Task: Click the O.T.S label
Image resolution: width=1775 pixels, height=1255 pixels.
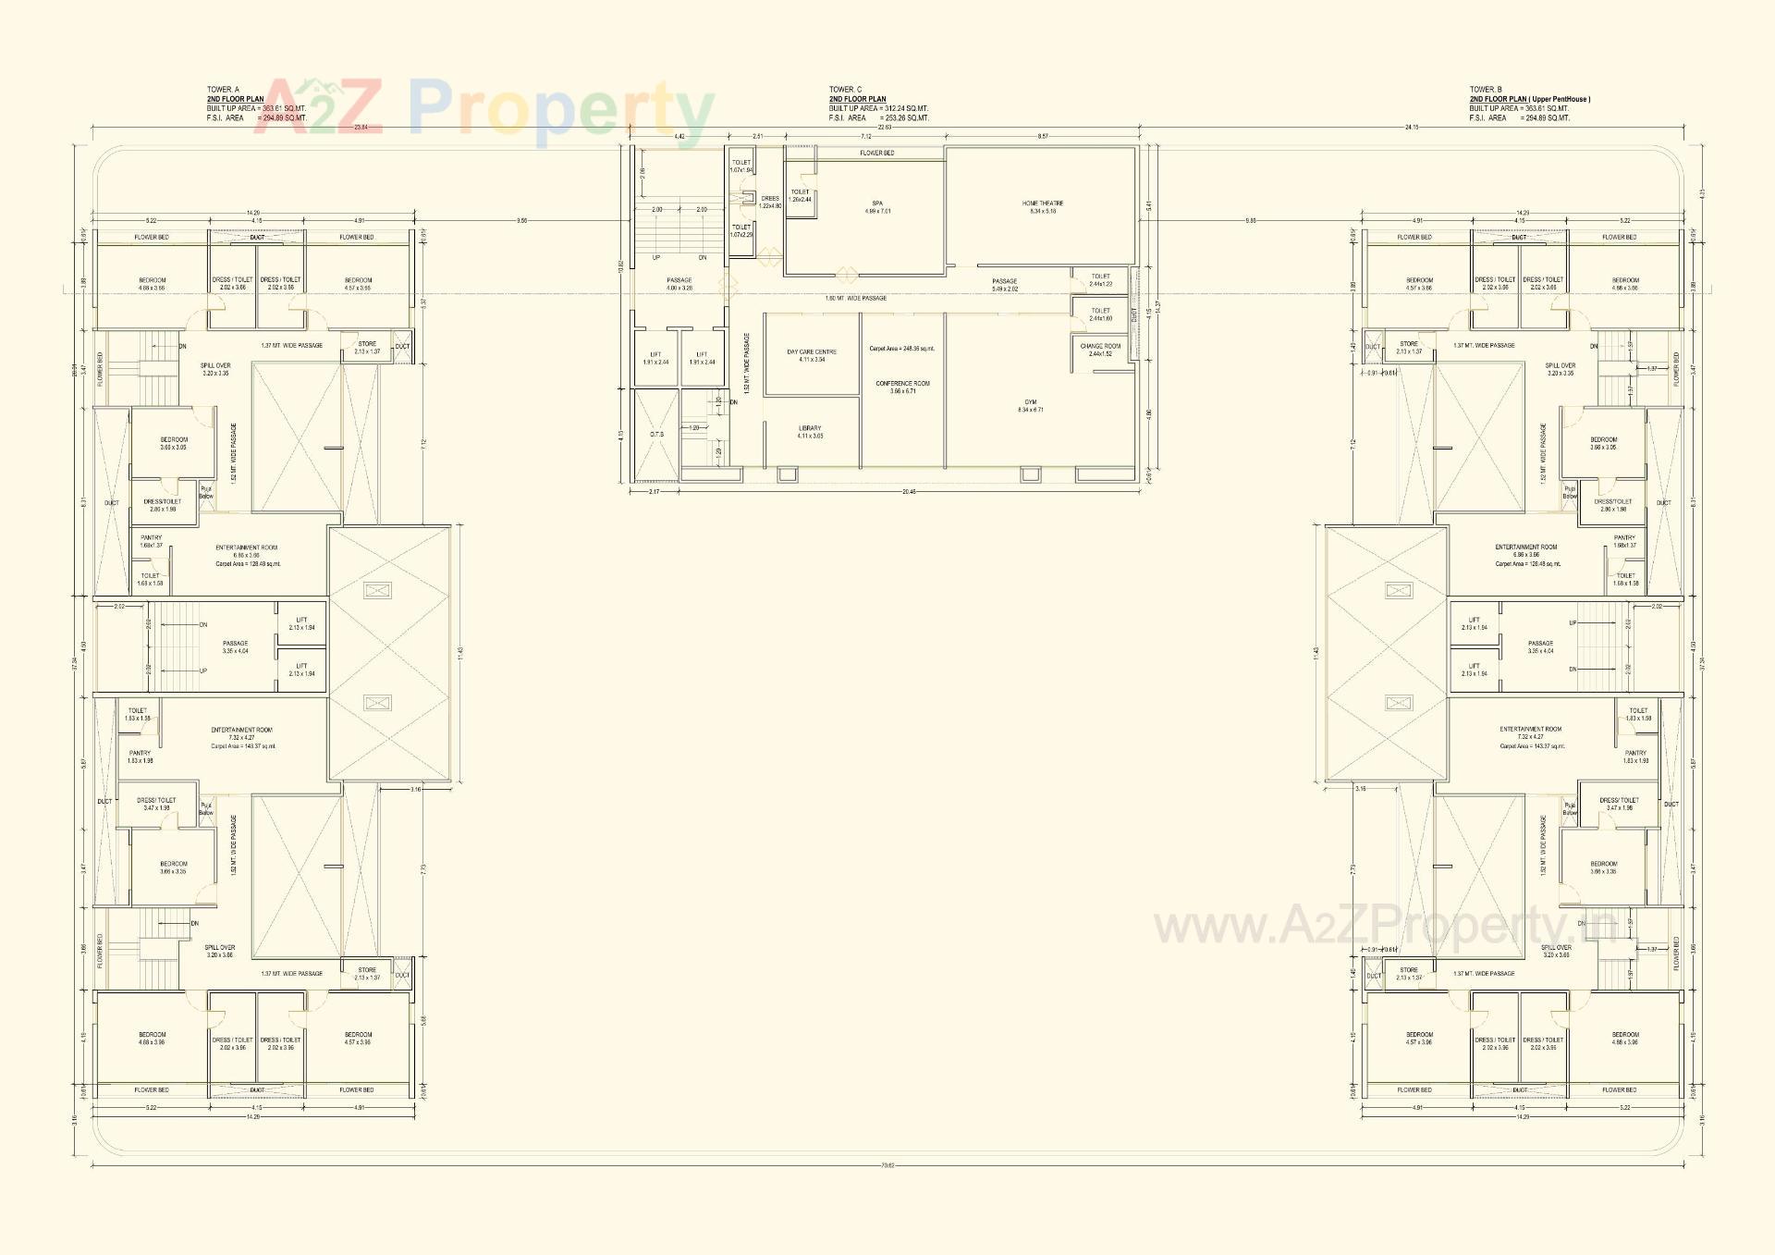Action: [x=656, y=434]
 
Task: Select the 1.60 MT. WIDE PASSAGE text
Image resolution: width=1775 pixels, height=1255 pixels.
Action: [x=855, y=298]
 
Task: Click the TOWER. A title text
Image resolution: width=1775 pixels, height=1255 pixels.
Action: [x=223, y=90]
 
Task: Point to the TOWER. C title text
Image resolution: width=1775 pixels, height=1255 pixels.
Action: [x=845, y=90]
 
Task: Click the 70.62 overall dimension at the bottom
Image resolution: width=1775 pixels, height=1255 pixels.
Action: [x=887, y=1165]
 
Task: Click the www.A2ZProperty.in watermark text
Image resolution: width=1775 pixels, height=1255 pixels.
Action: [x=1387, y=926]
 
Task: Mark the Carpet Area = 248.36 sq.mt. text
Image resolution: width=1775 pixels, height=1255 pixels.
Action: [x=901, y=349]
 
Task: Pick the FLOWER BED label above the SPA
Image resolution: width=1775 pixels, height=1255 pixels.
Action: [x=876, y=153]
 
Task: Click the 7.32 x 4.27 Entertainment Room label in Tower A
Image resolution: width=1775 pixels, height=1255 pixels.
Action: [x=241, y=738]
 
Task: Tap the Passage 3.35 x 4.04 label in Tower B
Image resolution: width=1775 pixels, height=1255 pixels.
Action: [x=1540, y=646]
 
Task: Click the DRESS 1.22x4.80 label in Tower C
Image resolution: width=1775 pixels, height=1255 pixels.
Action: [x=770, y=202]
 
